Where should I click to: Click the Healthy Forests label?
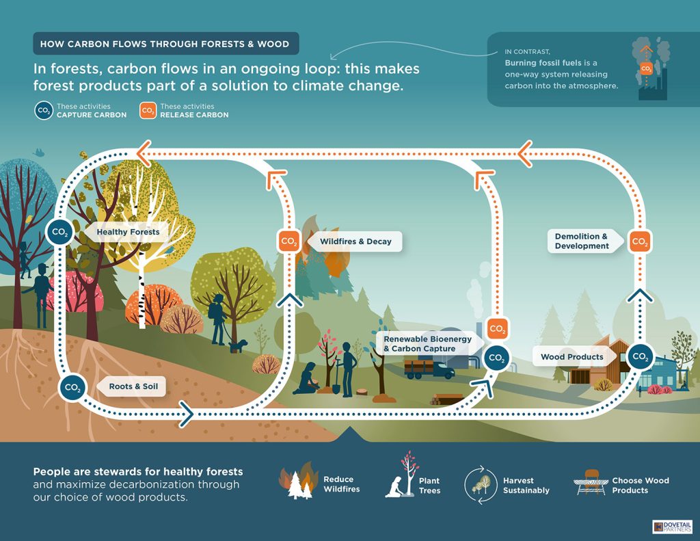[128, 232]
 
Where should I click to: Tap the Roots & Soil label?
[133, 386]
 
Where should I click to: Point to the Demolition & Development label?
[582, 241]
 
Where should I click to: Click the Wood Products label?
[571, 356]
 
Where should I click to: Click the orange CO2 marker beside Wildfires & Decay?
[289, 241]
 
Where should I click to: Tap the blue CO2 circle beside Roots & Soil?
[72, 387]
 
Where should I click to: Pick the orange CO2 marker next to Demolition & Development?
[640, 241]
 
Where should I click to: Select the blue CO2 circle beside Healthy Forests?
[59, 233]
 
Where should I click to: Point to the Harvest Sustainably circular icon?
[481, 485]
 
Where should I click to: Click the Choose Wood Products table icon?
[590, 485]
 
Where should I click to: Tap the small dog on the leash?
[237, 346]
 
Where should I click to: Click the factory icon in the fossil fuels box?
[651, 75]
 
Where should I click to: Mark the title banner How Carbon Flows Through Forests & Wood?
[165, 44]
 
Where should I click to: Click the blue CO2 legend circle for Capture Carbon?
[43, 111]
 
